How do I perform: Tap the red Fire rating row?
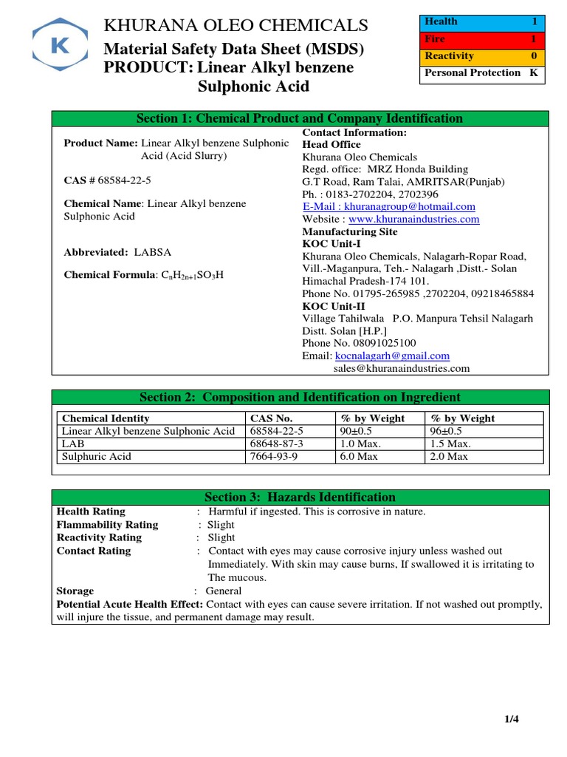pos(483,39)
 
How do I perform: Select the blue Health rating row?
pos(483,22)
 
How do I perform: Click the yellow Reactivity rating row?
pos(483,56)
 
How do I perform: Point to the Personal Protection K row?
pos(483,73)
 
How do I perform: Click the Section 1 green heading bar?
pos(300,118)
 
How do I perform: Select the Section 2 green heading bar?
pos(300,397)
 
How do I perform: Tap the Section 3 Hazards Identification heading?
pos(300,497)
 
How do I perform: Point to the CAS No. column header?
pos(272,418)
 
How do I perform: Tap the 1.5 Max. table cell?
pos(450,444)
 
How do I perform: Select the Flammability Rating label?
pos(107,525)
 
